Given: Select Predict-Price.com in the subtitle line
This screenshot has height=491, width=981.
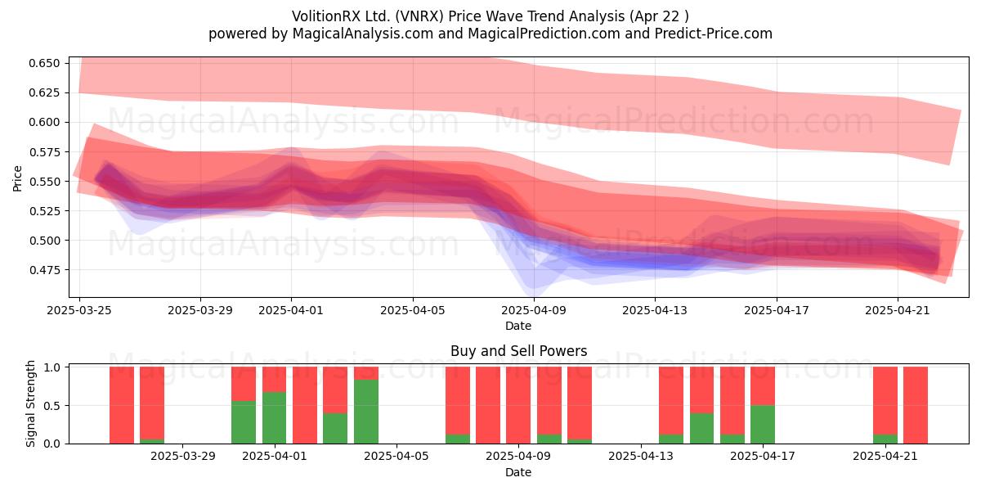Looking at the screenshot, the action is pyautogui.click(x=714, y=34).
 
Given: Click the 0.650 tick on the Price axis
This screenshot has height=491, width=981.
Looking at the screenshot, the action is pyautogui.click(x=44, y=63).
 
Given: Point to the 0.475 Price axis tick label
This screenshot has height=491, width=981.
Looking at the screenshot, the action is pyautogui.click(x=44, y=269).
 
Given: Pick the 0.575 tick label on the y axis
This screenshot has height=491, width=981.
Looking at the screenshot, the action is pyautogui.click(x=44, y=151).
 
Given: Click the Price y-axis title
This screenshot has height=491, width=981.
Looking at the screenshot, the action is pyautogui.click(x=17, y=178).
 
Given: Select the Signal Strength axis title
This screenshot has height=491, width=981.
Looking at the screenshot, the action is pyautogui.click(x=30, y=403).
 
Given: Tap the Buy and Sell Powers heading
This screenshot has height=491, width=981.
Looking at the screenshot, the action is pyautogui.click(x=518, y=351).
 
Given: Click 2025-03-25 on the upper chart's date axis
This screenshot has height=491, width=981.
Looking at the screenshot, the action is pyautogui.click(x=79, y=310).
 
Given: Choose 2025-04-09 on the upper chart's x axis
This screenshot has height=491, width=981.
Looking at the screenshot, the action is pyautogui.click(x=534, y=310).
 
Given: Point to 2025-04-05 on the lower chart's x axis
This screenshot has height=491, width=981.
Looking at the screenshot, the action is pyautogui.click(x=396, y=456).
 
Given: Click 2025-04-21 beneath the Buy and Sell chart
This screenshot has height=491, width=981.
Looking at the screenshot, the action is pyautogui.click(x=885, y=456).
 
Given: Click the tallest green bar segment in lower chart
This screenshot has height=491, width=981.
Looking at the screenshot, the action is pyautogui.click(x=366, y=412).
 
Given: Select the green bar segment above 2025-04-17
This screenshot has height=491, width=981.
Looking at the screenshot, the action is pyautogui.click(x=763, y=425).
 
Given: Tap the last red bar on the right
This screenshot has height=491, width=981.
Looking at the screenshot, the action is pyautogui.click(x=916, y=405).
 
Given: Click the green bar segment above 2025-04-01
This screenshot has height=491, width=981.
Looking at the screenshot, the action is pyautogui.click(x=274, y=418).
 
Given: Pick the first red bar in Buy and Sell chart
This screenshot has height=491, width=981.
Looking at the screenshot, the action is pyautogui.click(x=122, y=405).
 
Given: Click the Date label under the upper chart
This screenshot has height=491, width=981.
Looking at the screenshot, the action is pyautogui.click(x=518, y=326).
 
